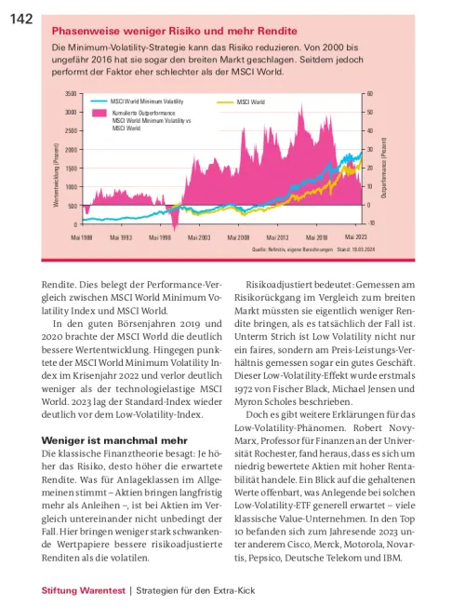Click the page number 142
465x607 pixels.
21,19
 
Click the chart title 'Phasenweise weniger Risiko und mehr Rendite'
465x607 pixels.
175,31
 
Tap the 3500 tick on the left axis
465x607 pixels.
71,94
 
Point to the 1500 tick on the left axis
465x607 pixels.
71,169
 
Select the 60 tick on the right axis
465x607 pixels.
370,94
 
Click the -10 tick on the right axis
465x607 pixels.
370,223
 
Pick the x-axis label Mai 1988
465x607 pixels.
82,237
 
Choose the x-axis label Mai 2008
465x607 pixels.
238,237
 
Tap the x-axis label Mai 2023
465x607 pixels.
356,236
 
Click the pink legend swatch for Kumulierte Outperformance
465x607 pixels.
99,113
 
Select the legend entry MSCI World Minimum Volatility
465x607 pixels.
147,101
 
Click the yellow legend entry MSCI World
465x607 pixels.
251,102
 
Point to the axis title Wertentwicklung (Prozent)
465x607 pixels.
57,175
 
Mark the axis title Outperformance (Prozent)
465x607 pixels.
384,168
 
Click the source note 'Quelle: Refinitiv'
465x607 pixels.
270,250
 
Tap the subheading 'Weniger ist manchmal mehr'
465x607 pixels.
114,440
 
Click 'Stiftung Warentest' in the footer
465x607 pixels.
84,591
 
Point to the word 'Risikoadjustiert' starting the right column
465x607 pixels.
279,285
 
